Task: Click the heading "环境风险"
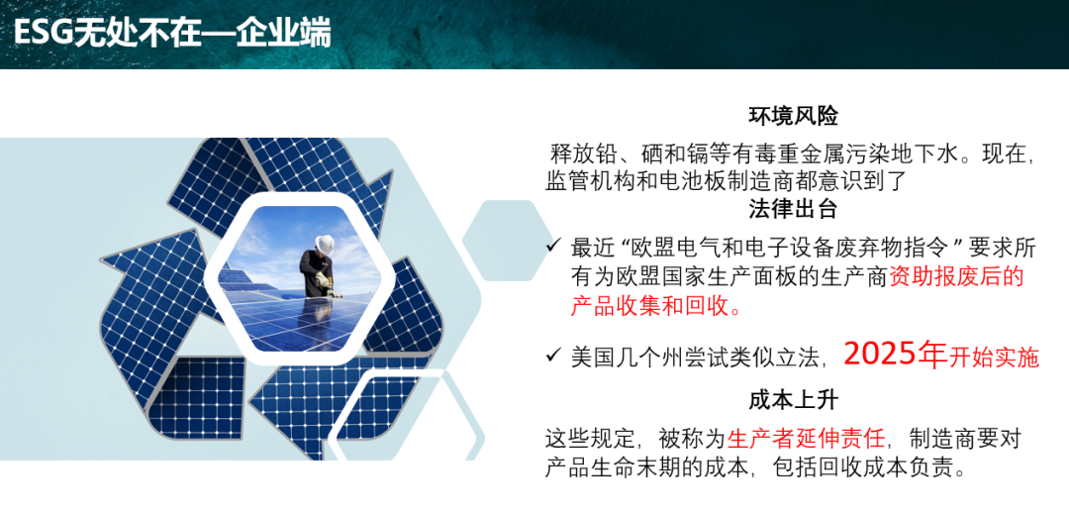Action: click(x=793, y=117)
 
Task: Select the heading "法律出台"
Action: click(x=793, y=209)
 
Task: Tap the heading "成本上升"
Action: click(x=793, y=400)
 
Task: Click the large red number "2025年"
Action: click(x=895, y=354)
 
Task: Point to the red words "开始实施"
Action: click(x=994, y=357)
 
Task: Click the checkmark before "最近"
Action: click(x=553, y=246)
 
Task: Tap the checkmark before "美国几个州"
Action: click(x=553, y=355)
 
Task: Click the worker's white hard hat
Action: click(x=325, y=243)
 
